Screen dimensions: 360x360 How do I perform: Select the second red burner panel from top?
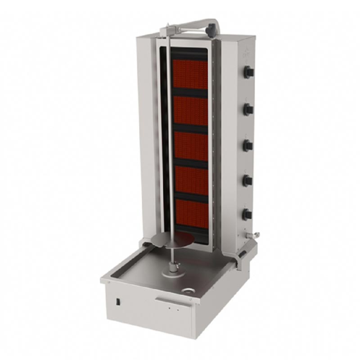point(190,110)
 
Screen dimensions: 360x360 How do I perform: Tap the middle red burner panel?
point(190,146)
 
